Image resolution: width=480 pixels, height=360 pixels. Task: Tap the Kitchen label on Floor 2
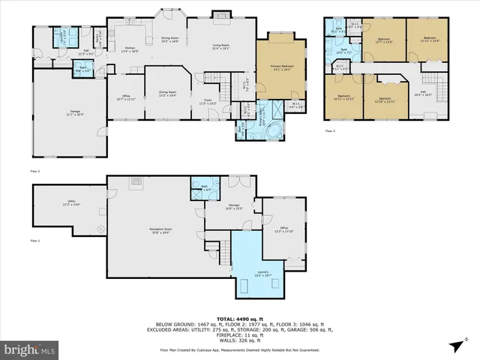(130, 49)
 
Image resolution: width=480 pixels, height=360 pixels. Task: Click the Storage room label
(233, 206)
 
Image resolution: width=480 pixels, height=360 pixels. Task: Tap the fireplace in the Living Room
(218, 14)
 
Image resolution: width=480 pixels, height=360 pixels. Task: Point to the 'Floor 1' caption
(35, 241)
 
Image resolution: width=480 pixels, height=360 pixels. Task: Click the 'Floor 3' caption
(330, 130)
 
